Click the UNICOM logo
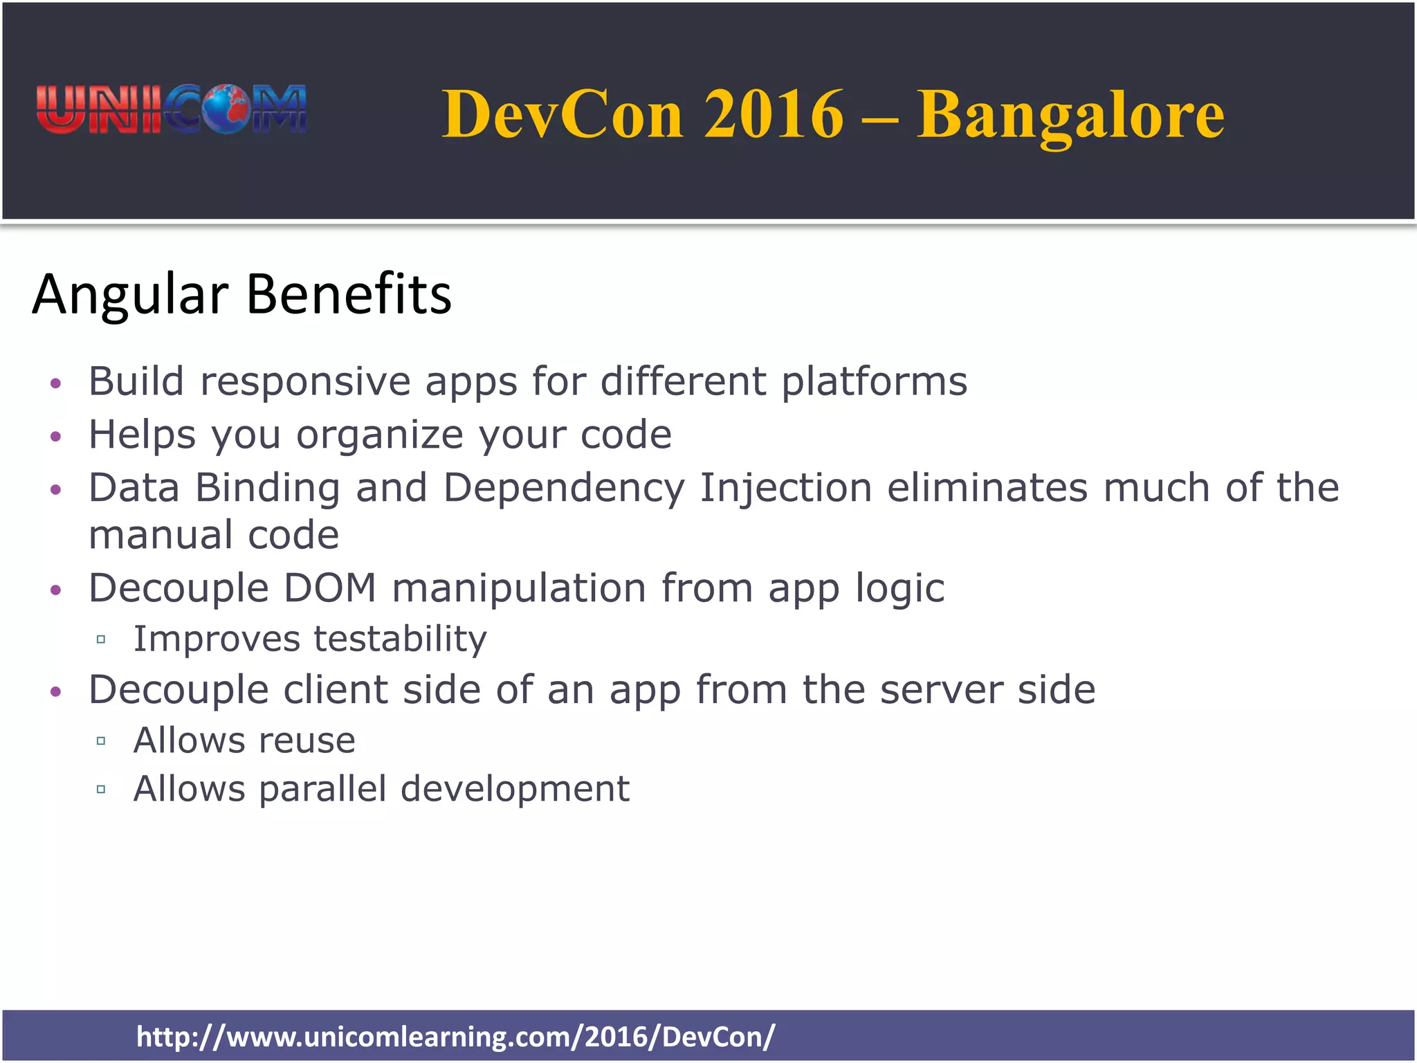(171, 109)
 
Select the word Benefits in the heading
(349, 294)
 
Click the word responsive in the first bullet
(305, 382)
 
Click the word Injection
(785, 488)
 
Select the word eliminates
(987, 488)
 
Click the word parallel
(322, 789)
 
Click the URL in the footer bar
(455, 1037)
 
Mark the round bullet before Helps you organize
(56, 437)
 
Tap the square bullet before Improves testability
(101, 639)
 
